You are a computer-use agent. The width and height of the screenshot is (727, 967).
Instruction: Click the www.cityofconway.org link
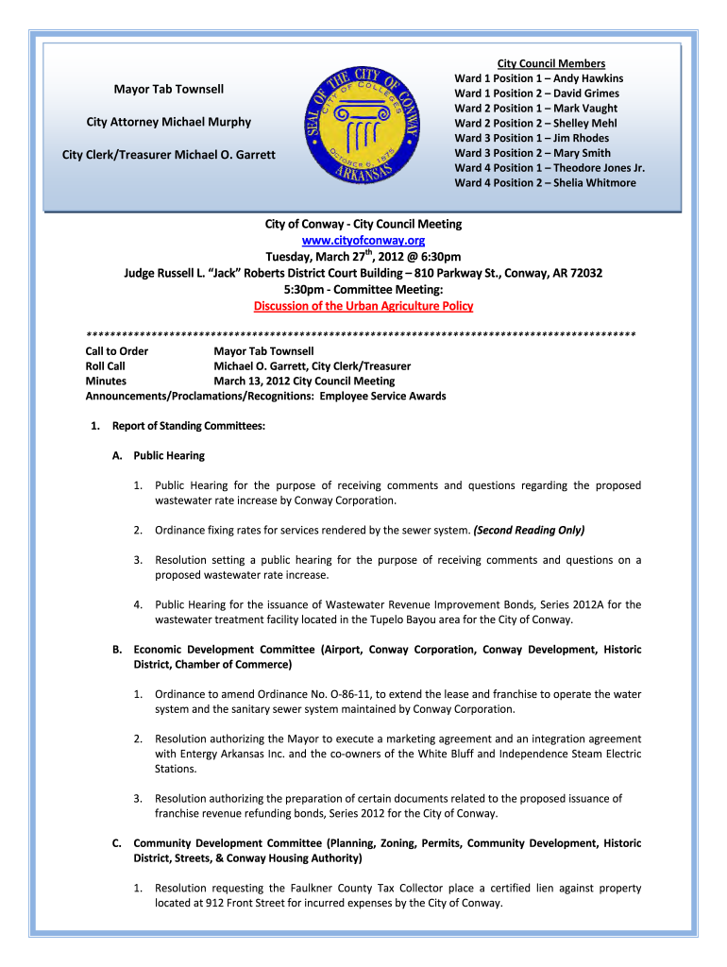coord(363,241)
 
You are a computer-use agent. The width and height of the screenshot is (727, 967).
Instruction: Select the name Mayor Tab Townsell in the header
coord(169,89)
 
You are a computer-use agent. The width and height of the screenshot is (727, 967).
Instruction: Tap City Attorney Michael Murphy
coord(169,122)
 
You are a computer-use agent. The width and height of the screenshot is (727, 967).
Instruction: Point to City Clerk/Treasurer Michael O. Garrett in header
coord(169,154)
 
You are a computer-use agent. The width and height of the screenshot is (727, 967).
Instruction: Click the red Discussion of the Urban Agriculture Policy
coord(363,306)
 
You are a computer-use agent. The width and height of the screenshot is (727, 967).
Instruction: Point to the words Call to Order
coord(117,351)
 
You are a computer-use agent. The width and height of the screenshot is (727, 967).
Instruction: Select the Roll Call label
coord(106,366)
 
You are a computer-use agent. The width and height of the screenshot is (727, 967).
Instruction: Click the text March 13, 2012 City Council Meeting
coord(304,382)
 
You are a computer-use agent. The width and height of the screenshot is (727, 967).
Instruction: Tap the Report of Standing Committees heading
coord(188,426)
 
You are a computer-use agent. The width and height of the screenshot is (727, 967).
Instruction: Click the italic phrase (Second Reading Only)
coord(529,530)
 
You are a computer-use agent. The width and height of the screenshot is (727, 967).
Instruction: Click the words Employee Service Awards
coord(382,396)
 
